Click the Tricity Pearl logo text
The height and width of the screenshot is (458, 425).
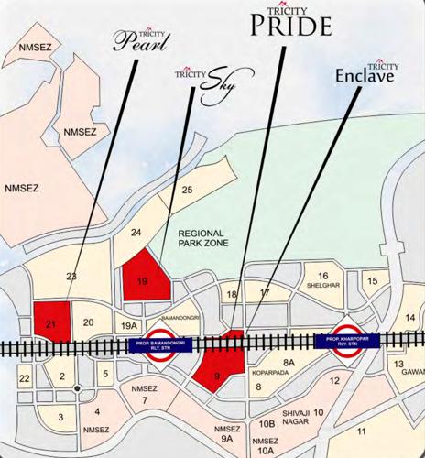[x=143, y=38]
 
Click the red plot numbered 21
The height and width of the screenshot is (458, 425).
[x=51, y=319]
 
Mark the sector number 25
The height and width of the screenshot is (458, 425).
[x=187, y=191]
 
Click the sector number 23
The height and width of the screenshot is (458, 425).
[x=70, y=275]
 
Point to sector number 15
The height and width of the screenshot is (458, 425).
[x=372, y=281]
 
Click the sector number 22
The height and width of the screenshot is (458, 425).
[x=25, y=378]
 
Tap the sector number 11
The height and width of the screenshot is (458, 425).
[x=363, y=431]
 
